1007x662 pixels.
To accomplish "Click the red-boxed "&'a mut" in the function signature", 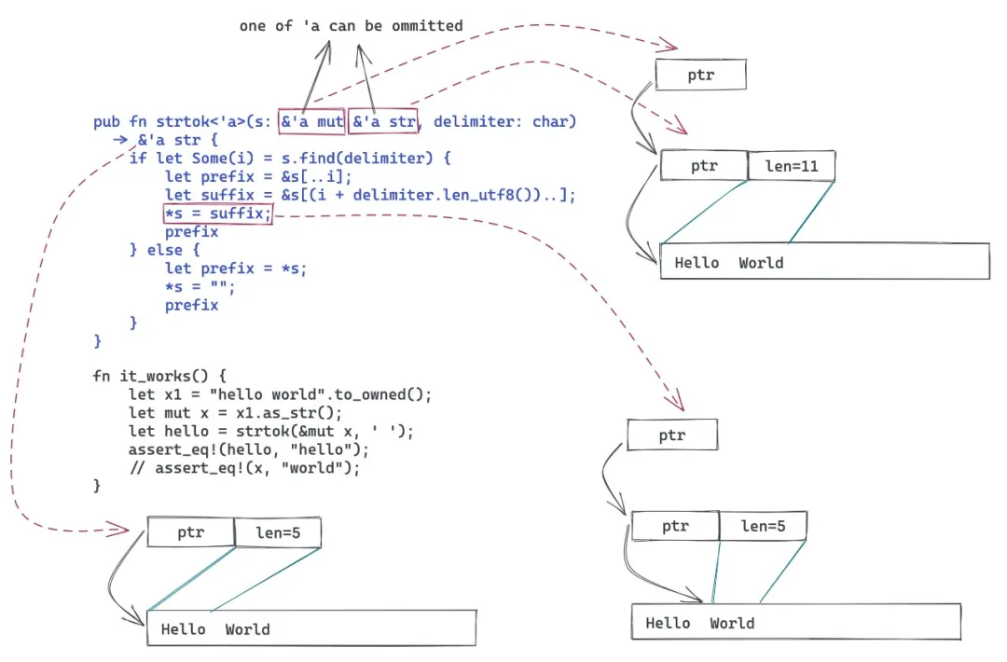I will (x=311, y=121).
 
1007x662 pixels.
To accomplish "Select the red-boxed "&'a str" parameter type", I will (x=383, y=121).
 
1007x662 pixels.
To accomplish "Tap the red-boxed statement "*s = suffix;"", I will (x=217, y=214).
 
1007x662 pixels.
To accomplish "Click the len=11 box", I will (x=791, y=167).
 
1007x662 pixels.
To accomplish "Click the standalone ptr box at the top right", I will (x=700, y=76).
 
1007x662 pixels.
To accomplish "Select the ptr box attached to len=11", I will (x=704, y=167).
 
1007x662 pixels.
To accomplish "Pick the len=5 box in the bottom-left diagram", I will (x=277, y=533).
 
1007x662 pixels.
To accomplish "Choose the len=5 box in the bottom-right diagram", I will (x=763, y=526).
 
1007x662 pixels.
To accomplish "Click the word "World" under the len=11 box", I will (x=761, y=263).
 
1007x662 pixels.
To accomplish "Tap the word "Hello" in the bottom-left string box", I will (x=183, y=629).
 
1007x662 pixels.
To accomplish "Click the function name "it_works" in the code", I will (x=153, y=377).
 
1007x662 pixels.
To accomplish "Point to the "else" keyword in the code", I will (x=164, y=250).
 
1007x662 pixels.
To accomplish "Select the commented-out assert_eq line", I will (x=243, y=468).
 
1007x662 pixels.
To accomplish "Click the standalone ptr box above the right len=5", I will (x=671, y=435).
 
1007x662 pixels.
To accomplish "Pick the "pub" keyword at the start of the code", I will (x=106, y=121).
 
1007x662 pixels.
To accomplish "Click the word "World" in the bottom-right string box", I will (x=732, y=623).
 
